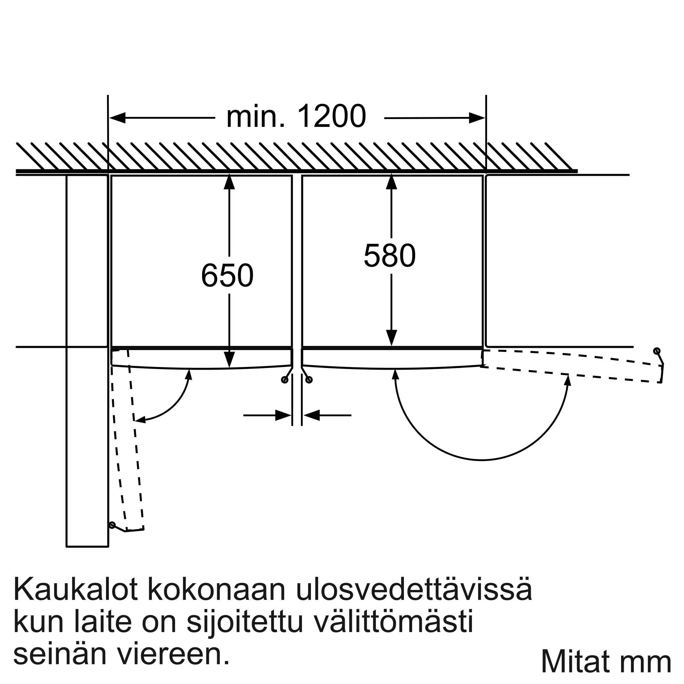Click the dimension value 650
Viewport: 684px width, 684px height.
(x=227, y=275)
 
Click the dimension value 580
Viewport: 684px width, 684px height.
(x=390, y=255)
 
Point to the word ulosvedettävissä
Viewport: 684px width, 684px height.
(x=413, y=590)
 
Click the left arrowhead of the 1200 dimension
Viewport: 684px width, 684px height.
(x=117, y=118)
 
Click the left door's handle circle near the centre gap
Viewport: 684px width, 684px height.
(x=284, y=380)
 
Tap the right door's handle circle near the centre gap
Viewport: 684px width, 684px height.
(x=309, y=380)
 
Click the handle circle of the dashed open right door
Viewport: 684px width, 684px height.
(x=657, y=351)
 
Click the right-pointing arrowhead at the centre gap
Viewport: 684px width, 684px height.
(x=284, y=415)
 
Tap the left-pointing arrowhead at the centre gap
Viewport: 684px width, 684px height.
(x=311, y=415)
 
